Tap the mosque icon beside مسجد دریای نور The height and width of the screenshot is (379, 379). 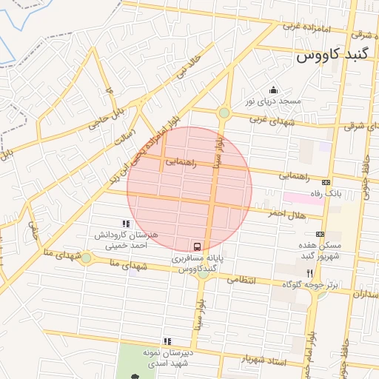[272, 89]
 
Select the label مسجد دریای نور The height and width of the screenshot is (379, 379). [272, 101]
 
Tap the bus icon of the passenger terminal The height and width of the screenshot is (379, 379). [198, 246]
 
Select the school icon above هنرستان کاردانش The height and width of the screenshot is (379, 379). [125, 223]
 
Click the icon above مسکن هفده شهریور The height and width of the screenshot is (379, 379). [320, 234]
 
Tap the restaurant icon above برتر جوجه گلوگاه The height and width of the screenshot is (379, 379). [320, 272]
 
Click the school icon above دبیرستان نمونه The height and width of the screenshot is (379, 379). [167, 341]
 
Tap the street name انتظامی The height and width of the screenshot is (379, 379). [239, 281]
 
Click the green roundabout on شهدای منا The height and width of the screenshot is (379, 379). [87, 258]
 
